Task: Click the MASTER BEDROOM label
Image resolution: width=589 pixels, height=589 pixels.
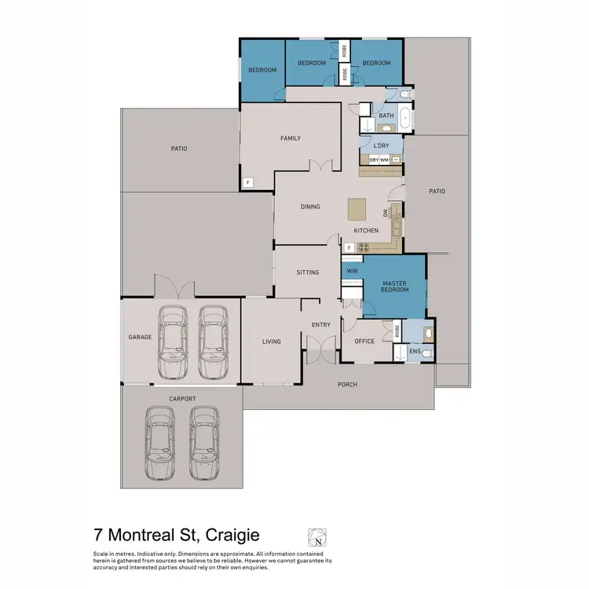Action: [x=395, y=286]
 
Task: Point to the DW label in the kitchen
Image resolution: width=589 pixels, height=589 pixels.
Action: [x=386, y=212]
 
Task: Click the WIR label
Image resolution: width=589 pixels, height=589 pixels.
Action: [x=353, y=271]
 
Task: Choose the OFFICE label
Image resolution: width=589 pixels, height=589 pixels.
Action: [x=364, y=341]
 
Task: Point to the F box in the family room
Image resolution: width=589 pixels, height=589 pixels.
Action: [x=248, y=183]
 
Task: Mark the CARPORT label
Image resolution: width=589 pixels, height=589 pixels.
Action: [x=182, y=399]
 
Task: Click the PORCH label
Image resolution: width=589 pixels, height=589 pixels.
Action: [x=346, y=384]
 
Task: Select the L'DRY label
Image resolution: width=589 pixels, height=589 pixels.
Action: [x=382, y=145]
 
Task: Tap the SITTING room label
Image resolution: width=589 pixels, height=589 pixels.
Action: [x=308, y=273]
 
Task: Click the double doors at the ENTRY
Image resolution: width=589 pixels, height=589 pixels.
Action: [x=319, y=347]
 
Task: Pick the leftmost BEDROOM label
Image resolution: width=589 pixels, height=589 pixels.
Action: [x=262, y=70]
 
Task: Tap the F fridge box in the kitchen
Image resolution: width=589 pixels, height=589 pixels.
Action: [x=347, y=247]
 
